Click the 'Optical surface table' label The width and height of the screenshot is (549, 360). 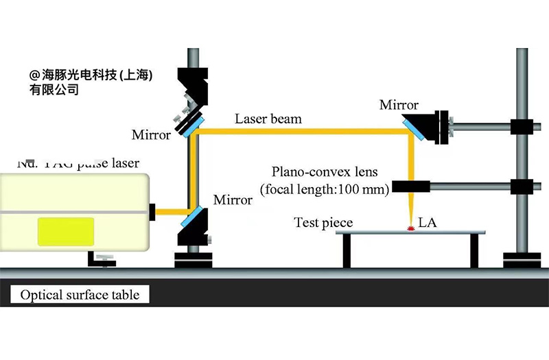click(x=80, y=296)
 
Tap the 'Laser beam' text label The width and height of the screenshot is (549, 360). click(x=268, y=119)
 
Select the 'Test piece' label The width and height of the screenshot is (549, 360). click(x=323, y=222)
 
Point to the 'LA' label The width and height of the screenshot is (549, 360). click(x=428, y=222)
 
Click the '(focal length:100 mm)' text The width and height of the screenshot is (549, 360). click(x=325, y=188)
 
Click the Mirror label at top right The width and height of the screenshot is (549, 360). click(x=399, y=105)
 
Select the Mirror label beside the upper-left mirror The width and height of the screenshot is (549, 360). click(x=151, y=135)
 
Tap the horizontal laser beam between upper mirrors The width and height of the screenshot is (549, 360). click(x=302, y=132)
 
